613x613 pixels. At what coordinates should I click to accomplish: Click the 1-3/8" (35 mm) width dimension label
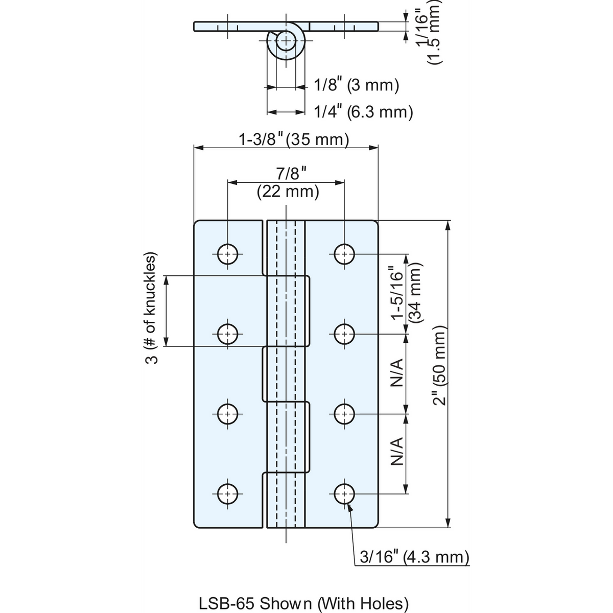point(294,139)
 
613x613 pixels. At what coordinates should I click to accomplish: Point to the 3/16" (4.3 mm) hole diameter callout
point(414,557)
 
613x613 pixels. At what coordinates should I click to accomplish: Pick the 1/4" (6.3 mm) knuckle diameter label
point(363,112)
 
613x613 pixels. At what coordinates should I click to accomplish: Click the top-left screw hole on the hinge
point(228,254)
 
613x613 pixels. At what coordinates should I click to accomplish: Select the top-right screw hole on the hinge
point(344,254)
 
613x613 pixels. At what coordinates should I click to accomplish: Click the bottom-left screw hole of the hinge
point(228,494)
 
